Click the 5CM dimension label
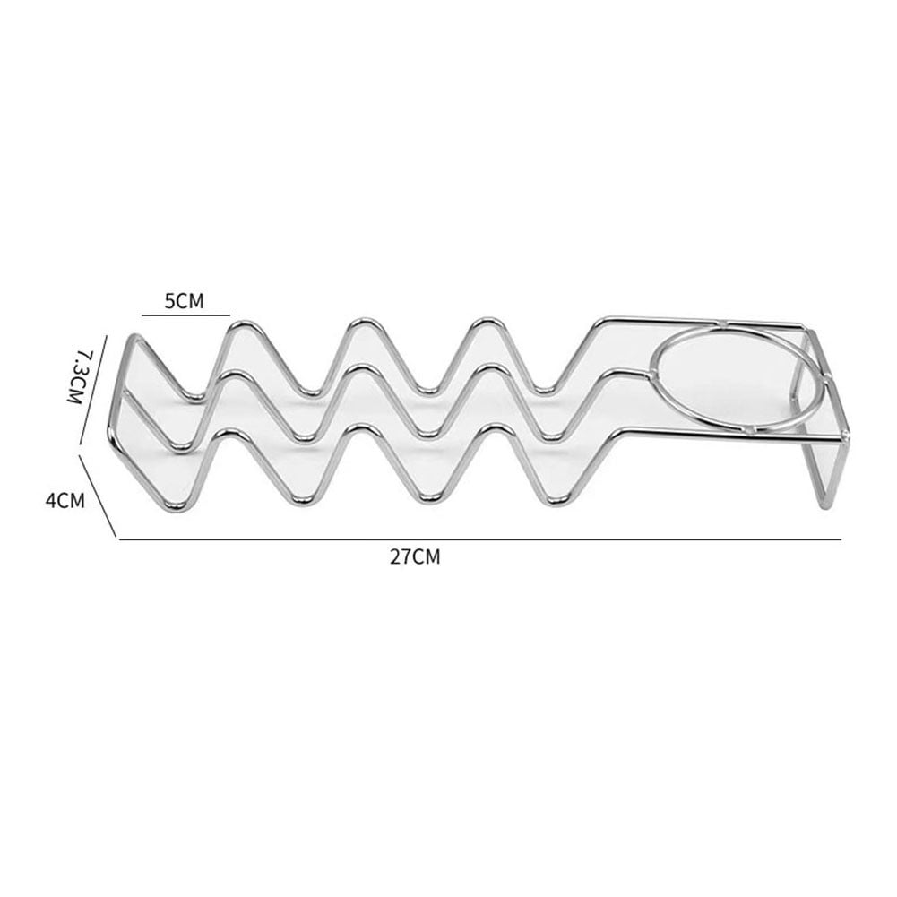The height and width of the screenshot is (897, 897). click(x=184, y=301)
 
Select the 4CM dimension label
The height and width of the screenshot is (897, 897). click(x=65, y=501)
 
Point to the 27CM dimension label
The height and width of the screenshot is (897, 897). click(x=415, y=556)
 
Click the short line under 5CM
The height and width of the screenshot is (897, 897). click(x=185, y=315)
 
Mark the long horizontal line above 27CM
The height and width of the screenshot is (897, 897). click(x=480, y=539)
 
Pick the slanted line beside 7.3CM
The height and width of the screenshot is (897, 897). click(x=94, y=390)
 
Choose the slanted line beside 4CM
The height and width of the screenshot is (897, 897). click(x=98, y=496)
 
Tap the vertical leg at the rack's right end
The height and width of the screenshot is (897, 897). click(x=825, y=475)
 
